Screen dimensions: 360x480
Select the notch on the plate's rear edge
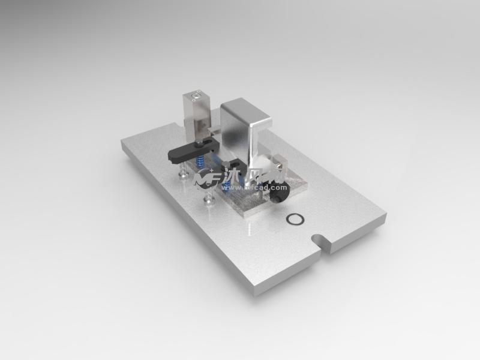(178, 125)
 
